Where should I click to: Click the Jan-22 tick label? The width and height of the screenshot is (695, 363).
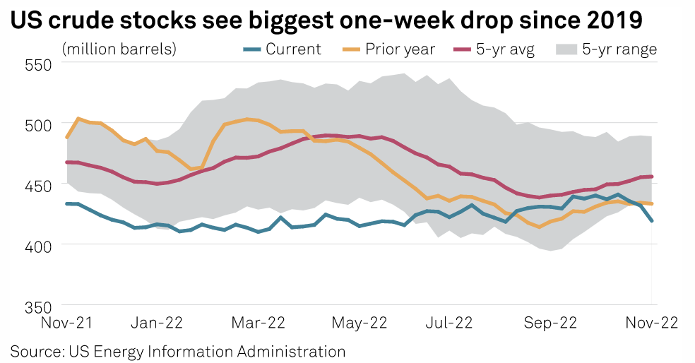pos(158,323)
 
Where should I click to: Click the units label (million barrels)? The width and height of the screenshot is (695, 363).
pos(119,49)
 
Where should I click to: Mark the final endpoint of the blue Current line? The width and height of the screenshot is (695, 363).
pos(652,221)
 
